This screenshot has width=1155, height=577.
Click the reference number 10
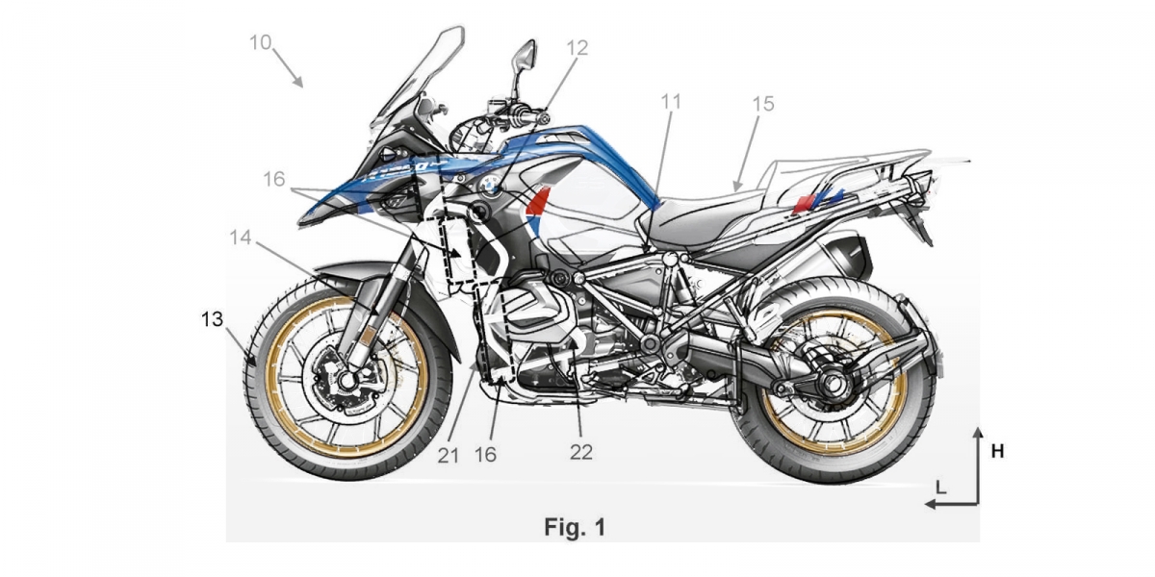pyautogui.click(x=260, y=42)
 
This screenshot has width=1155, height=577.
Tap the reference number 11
pyautogui.click(x=671, y=100)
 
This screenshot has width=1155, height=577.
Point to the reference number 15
pyautogui.click(x=762, y=103)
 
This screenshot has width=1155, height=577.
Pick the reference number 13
pyautogui.click(x=213, y=319)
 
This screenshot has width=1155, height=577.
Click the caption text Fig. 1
pyautogui.click(x=575, y=527)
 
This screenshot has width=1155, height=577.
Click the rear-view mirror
pyautogui.click(x=524, y=57)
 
